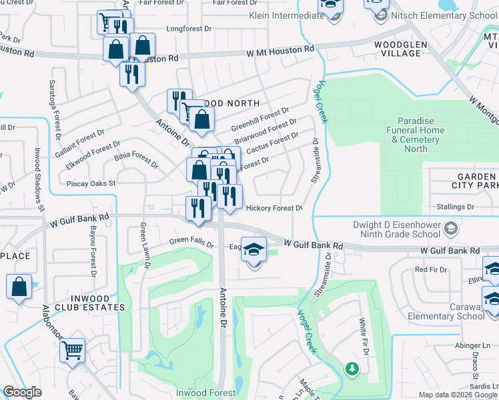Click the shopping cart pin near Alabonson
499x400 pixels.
click(73, 350)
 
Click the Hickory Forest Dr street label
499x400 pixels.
click(274, 208)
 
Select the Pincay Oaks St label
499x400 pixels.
click(91, 183)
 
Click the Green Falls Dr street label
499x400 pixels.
click(191, 241)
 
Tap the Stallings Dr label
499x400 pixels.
click(454, 207)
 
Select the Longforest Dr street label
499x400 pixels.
click(188, 29)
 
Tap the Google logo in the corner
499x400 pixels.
click(23, 392)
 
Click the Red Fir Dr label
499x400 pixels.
click(430, 269)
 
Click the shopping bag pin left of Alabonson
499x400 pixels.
click(19, 287)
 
